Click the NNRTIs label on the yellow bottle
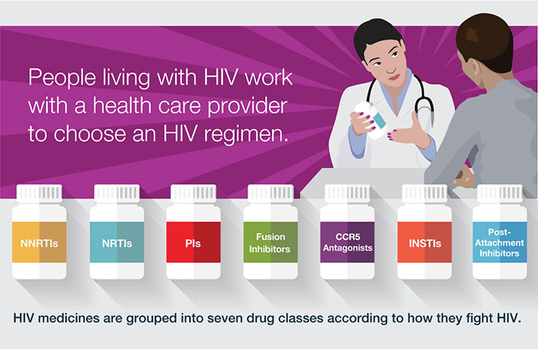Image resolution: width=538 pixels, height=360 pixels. [x=39, y=242]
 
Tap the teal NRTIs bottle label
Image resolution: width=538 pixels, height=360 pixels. [x=117, y=242]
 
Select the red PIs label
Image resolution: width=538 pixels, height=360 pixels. [x=194, y=242]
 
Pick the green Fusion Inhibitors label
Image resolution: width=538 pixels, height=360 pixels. [x=271, y=242]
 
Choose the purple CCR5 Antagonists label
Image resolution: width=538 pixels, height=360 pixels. [x=347, y=242]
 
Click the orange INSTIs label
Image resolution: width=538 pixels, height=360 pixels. [x=424, y=242]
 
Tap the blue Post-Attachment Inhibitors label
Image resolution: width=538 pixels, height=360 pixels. [x=500, y=242]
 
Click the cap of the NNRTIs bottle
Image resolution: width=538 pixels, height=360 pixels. [x=39, y=193]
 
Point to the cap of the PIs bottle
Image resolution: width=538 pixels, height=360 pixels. [x=194, y=193]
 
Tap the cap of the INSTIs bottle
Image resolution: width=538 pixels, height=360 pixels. [x=425, y=193]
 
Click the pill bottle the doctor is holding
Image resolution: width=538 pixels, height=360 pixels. [x=370, y=120]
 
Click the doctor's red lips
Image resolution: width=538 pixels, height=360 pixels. [x=394, y=78]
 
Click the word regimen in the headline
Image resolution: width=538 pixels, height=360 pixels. [x=246, y=134]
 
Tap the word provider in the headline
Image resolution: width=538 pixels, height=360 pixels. [x=247, y=106]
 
